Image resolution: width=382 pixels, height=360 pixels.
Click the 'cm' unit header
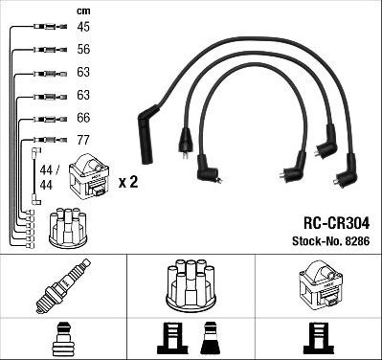pos(83,11)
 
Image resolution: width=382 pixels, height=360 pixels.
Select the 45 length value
pos(83,27)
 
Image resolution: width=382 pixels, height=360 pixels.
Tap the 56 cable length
pos(83,50)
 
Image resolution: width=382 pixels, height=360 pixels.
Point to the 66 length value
pos(83,117)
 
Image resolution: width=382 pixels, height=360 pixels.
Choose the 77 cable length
pos(83,140)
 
